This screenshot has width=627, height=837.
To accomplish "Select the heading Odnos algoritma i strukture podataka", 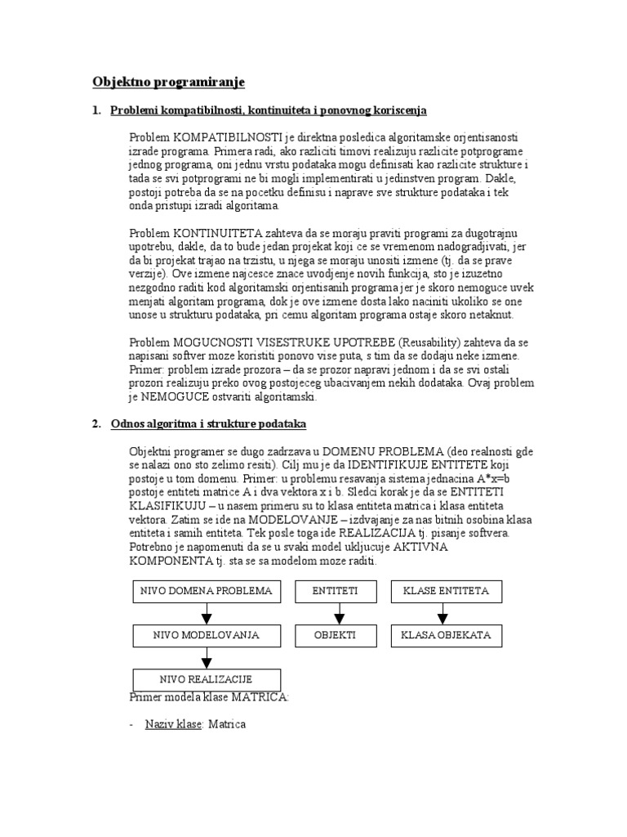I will point(208,423).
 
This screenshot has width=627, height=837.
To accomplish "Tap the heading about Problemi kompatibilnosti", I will point(269,110).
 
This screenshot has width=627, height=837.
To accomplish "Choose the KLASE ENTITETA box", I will point(447,591).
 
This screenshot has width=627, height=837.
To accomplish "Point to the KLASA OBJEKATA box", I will point(447,634).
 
